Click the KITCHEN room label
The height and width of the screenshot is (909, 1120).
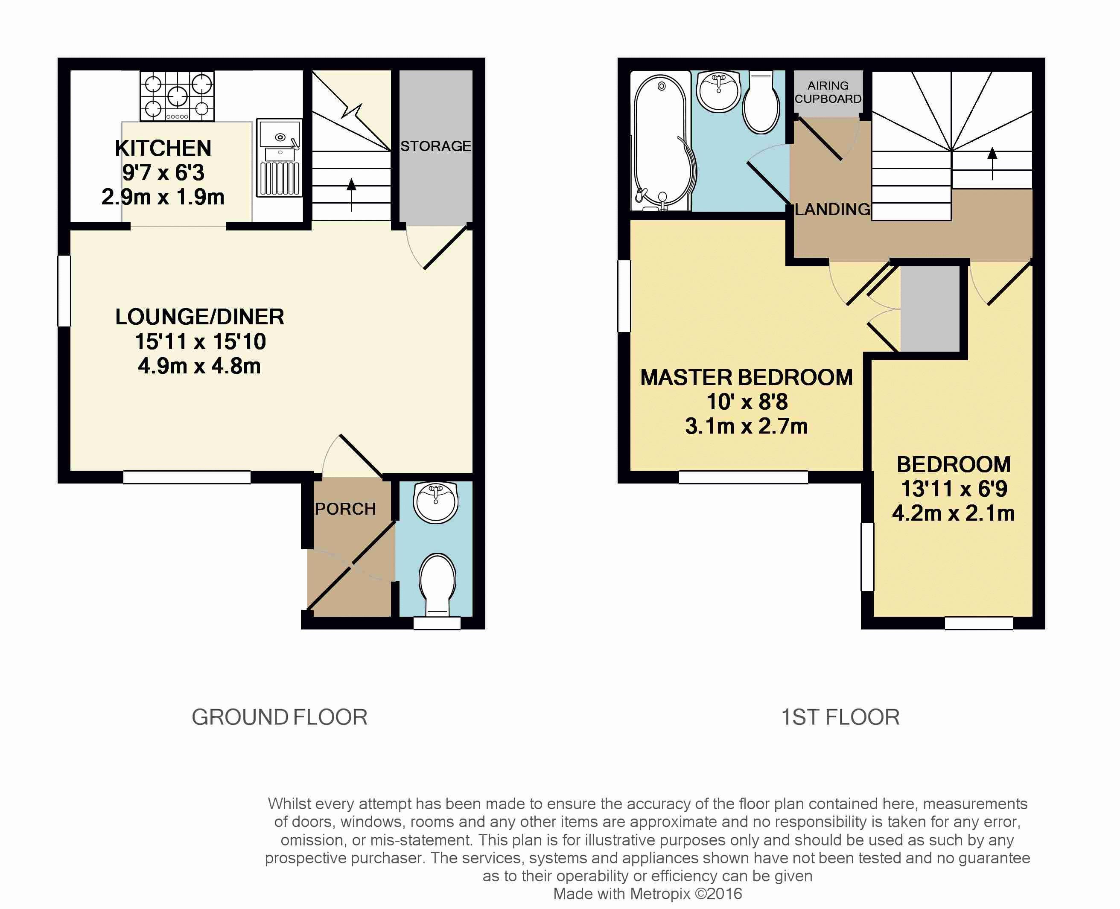[163, 148]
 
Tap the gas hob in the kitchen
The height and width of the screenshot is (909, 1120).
[177, 96]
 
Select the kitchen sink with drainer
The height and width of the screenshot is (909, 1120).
[279, 157]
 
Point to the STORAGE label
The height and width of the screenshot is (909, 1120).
[436, 146]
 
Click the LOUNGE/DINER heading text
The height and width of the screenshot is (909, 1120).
[199, 317]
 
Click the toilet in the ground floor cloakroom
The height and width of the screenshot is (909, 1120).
[437, 583]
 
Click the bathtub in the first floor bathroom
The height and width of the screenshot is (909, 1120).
[661, 141]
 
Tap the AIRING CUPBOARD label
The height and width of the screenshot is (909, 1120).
[828, 92]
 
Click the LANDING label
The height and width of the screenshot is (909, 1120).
[832, 210]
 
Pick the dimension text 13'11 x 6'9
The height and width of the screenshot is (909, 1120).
[954, 489]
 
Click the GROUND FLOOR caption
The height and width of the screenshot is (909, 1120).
[280, 717]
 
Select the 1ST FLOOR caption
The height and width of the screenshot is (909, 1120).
[840, 717]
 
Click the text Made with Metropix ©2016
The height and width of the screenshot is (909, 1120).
[647, 893]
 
